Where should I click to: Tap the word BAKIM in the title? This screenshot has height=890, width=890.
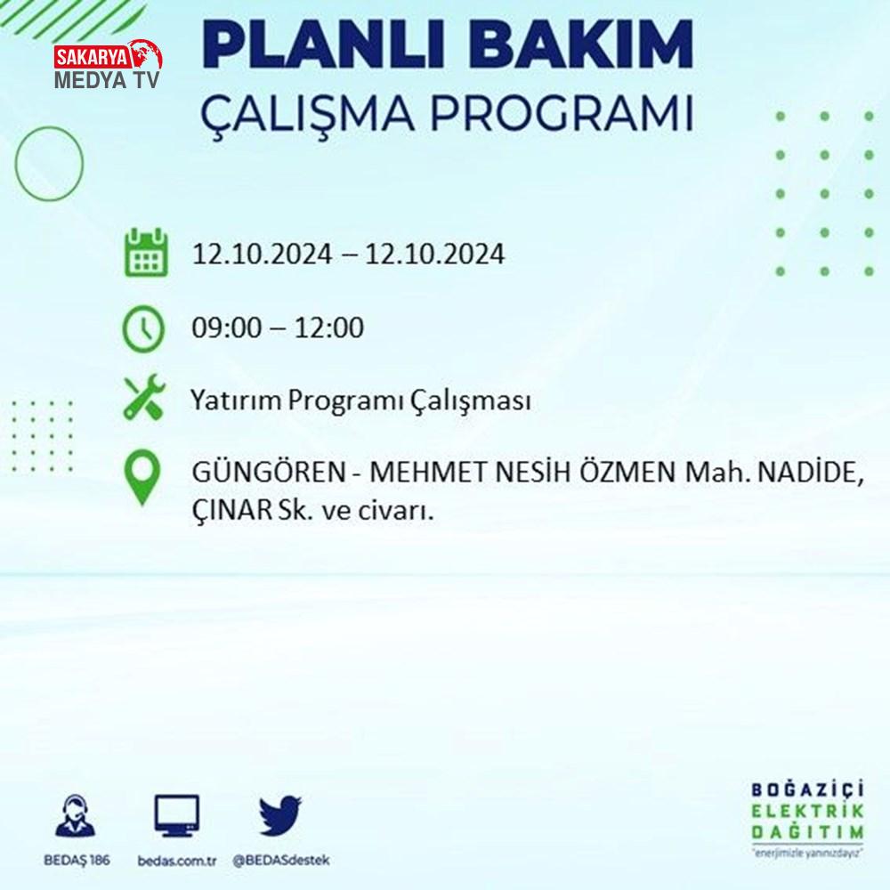580,45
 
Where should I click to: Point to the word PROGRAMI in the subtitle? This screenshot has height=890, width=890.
562,113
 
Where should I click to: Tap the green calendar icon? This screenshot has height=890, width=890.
146,253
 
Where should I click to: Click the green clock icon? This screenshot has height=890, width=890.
143,328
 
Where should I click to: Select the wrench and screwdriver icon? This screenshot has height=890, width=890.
145,397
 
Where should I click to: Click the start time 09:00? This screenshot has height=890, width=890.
228,328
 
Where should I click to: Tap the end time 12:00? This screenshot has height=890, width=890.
329,328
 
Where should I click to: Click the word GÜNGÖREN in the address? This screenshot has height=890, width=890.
269,472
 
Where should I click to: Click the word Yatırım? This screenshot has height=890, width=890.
236,400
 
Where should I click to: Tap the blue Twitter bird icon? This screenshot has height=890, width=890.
280,815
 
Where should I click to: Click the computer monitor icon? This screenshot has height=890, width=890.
176,816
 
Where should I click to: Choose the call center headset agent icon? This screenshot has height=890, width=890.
76,815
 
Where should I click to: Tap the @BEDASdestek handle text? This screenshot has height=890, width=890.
281,861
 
